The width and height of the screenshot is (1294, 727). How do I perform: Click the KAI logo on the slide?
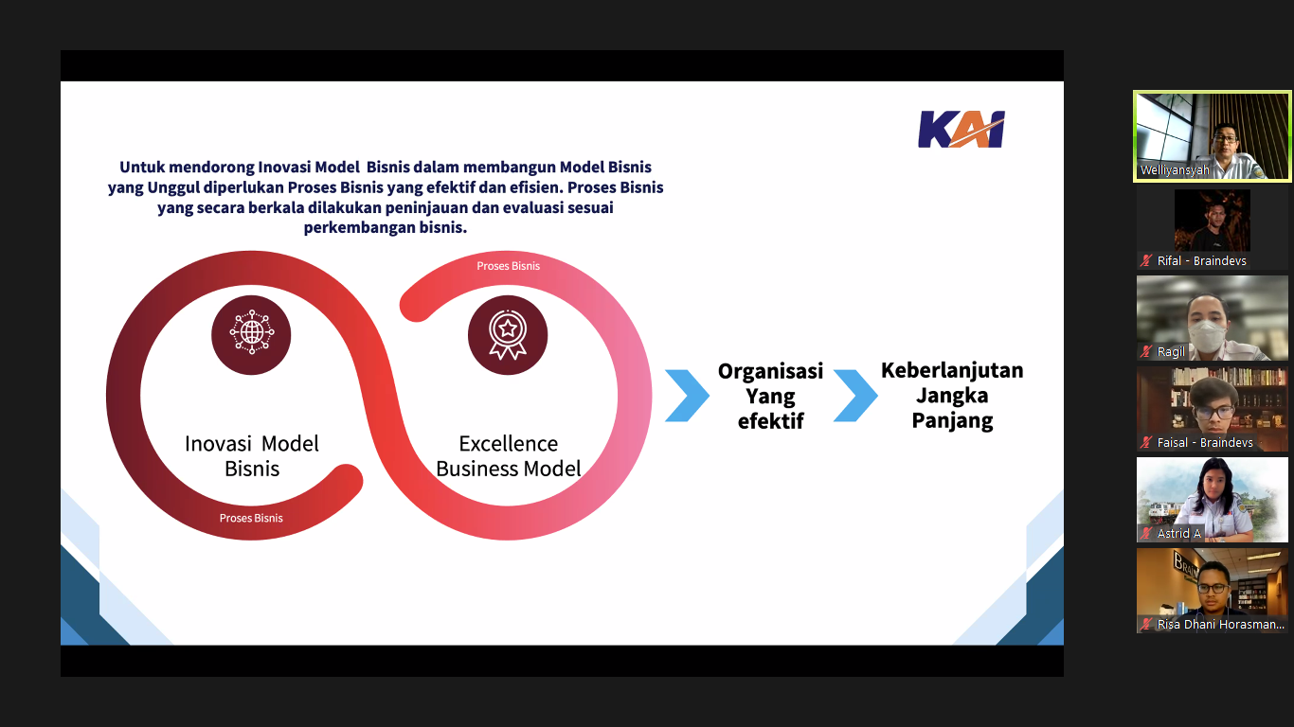962,129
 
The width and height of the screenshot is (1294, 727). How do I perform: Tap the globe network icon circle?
251,335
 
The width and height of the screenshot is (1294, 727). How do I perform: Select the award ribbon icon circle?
508,335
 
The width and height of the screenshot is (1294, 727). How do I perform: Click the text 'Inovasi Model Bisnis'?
251,455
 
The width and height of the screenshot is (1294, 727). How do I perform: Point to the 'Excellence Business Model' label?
509,455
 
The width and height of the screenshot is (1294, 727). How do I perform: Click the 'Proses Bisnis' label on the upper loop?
509,266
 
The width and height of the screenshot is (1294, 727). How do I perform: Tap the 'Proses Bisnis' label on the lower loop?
251,518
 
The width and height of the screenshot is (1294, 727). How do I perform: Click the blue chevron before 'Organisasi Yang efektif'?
687,396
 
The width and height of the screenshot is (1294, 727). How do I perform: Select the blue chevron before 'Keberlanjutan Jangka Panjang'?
855,396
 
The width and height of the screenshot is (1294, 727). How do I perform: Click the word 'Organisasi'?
771,371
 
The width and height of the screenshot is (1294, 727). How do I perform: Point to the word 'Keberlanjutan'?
952,371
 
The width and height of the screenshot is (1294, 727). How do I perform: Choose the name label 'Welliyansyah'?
1175,169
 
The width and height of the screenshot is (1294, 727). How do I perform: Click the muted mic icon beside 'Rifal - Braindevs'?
1146,260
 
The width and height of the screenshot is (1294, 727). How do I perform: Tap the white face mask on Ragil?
1207,334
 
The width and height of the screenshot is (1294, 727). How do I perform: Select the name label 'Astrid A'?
1179,534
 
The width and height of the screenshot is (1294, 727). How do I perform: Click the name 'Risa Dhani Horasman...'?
1221,624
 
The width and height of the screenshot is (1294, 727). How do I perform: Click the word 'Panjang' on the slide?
952,419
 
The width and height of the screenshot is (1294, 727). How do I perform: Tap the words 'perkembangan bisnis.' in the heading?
386,227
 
